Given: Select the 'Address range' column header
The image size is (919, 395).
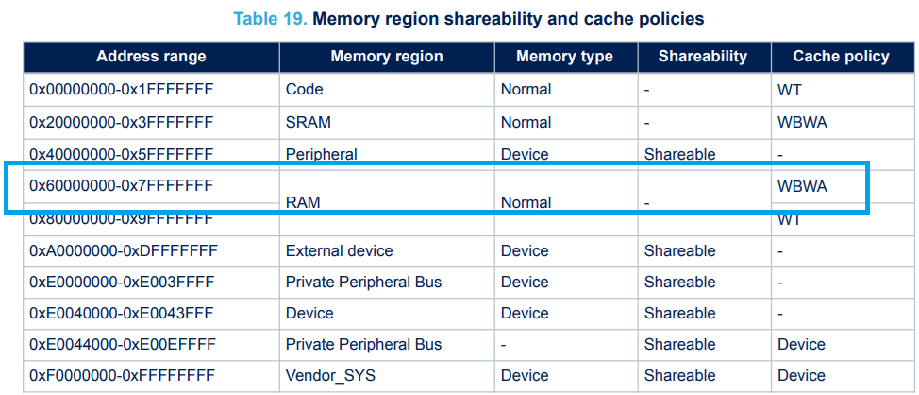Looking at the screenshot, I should pyautogui.click(x=151, y=57).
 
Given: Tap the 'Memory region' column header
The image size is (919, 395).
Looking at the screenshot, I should pyautogui.click(x=386, y=57).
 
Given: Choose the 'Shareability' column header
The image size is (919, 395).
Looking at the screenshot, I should pyautogui.click(x=704, y=57).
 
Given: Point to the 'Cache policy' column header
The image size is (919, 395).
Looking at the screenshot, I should pyautogui.click(x=841, y=57).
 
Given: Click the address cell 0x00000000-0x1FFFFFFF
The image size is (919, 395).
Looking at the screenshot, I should pyautogui.click(x=121, y=90).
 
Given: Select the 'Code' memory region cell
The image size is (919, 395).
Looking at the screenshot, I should pyautogui.click(x=304, y=90).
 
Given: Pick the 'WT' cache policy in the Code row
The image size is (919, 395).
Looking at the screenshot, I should pyautogui.click(x=790, y=90).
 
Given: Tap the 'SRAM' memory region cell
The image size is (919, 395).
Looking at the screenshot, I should pyautogui.click(x=308, y=122).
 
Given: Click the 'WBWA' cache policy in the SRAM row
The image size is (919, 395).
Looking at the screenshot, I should pyautogui.click(x=802, y=122).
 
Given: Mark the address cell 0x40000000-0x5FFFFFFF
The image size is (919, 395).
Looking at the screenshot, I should pyautogui.click(x=121, y=153).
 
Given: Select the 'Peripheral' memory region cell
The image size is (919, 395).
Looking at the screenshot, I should pyautogui.click(x=321, y=153).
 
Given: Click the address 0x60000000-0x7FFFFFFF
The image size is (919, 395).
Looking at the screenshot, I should pyautogui.click(x=121, y=186).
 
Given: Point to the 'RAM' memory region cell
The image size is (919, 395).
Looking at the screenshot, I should pyautogui.click(x=302, y=202).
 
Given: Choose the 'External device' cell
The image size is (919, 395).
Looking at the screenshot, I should pyautogui.click(x=339, y=251).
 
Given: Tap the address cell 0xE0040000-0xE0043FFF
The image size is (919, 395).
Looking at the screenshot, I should pyautogui.click(x=121, y=313).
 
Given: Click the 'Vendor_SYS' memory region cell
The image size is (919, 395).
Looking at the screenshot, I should pyautogui.click(x=330, y=376).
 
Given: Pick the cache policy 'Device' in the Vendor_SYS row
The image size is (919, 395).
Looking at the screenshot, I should pyautogui.click(x=801, y=376).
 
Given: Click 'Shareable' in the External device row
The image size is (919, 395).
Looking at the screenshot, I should pyautogui.click(x=679, y=251).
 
